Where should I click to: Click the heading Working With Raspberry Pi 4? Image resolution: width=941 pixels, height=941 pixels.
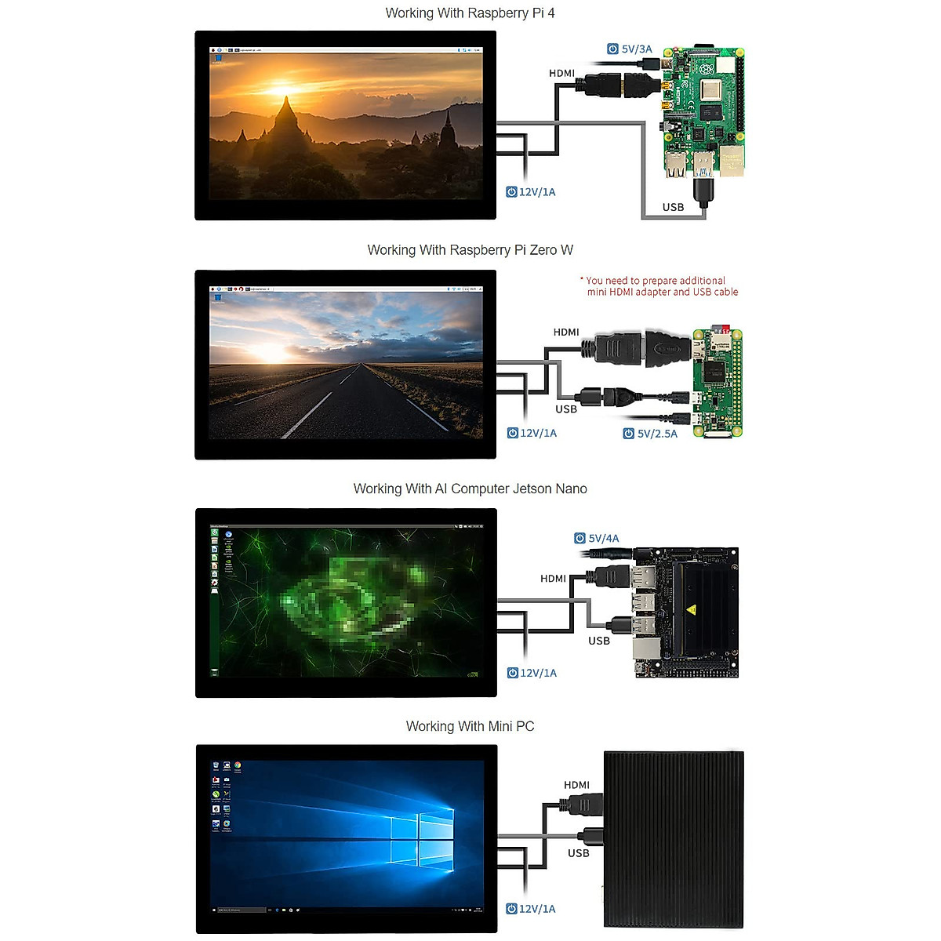pyautogui.click(x=470, y=13)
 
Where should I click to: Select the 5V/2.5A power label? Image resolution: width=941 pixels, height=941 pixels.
pyautogui.click(x=650, y=434)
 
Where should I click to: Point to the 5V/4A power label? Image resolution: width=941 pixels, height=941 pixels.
pyautogui.click(x=597, y=538)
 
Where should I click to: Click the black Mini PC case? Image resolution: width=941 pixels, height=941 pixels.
pyautogui.click(x=674, y=839)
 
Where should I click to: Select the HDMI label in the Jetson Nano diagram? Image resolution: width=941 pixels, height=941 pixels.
pyautogui.click(x=553, y=579)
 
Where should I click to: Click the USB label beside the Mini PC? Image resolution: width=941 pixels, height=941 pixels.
pyautogui.click(x=578, y=853)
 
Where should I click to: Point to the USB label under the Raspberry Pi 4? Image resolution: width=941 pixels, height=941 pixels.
pyautogui.click(x=673, y=207)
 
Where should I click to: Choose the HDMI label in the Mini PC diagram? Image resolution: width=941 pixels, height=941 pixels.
pyautogui.click(x=576, y=785)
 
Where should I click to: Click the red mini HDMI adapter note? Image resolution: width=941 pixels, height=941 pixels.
pyautogui.click(x=659, y=286)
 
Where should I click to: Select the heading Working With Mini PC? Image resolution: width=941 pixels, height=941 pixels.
pyautogui.click(x=470, y=726)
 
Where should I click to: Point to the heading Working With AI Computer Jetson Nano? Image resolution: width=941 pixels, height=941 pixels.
pyautogui.click(x=470, y=489)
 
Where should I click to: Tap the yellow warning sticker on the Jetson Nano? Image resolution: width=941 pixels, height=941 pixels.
pyautogui.click(x=692, y=609)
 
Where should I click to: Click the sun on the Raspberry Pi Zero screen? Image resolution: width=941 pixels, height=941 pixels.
pyautogui.click(x=271, y=352)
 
